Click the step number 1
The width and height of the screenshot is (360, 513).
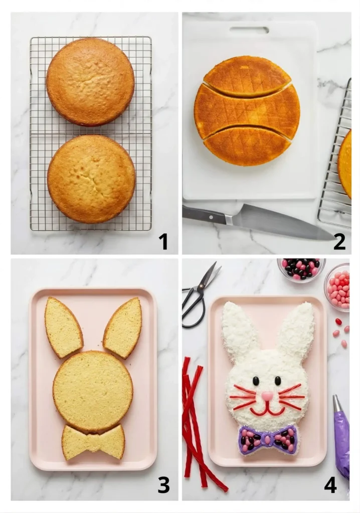(x=163, y=241)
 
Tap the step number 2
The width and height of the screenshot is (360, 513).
(x=339, y=241)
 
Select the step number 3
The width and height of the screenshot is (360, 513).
(x=163, y=484)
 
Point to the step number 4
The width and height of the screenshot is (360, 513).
(x=330, y=484)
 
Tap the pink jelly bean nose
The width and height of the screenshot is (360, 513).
(x=267, y=396)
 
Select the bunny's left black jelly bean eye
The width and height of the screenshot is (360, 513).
(x=256, y=381)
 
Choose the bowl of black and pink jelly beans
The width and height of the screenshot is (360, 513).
(x=301, y=269)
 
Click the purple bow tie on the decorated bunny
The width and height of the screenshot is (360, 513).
(x=268, y=440)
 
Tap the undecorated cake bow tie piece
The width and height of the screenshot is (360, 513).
(x=93, y=442)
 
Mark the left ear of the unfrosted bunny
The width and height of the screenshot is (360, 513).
(x=63, y=327)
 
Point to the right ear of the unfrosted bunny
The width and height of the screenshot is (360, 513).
(x=124, y=327)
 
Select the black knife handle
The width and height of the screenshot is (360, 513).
(x=203, y=214)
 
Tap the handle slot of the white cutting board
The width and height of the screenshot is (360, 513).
(x=249, y=30)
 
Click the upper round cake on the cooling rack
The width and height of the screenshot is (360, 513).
(x=90, y=82)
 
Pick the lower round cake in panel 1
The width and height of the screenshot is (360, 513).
(x=91, y=179)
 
